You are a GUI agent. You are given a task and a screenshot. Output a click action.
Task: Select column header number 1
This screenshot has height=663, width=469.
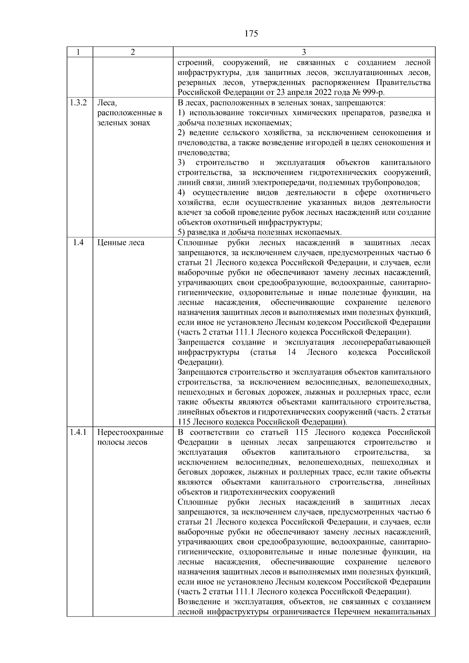[x=79, y=52]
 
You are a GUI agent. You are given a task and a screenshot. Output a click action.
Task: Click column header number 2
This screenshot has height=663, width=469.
[x=133, y=52]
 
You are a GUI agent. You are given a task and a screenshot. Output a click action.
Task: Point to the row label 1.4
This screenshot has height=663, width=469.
[x=78, y=243]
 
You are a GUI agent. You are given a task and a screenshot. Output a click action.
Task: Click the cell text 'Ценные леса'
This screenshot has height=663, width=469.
[x=121, y=243]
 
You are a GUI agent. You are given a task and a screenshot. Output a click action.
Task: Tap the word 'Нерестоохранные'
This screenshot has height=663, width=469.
[x=130, y=432]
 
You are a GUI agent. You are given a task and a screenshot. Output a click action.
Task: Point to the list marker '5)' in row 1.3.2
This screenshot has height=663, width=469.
[x=181, y=232]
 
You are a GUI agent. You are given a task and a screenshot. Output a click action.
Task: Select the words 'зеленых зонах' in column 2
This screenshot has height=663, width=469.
[x=123, y=123]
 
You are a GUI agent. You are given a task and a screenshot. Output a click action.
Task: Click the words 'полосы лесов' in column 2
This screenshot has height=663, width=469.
[x=122, y=443]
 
